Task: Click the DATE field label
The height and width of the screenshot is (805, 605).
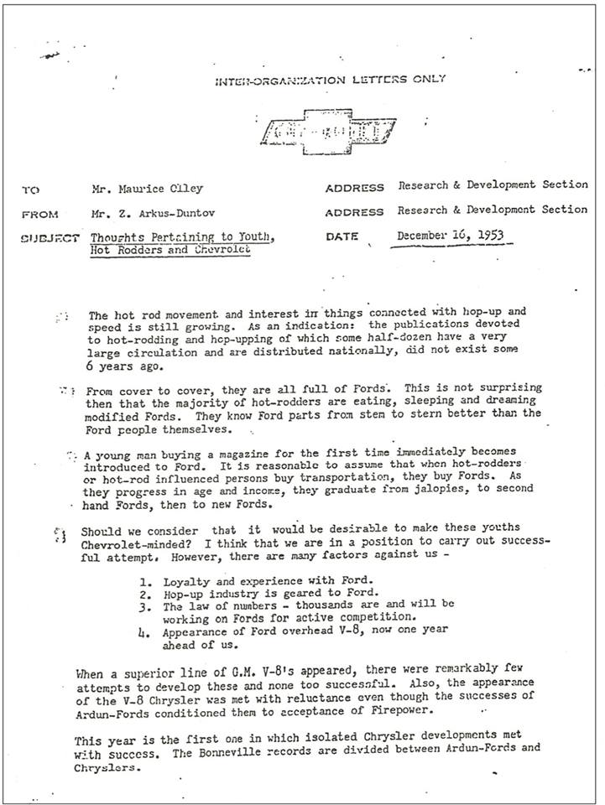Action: tap(342, 237)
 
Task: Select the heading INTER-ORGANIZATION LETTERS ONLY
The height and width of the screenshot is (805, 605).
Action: tap(329, 79)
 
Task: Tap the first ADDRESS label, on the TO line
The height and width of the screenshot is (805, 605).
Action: tap(354, 188)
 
